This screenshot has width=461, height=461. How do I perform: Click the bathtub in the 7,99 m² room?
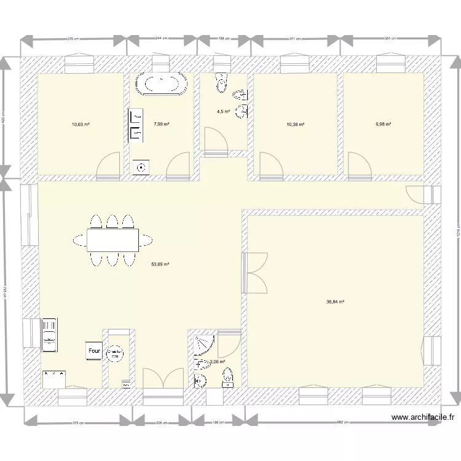[162, 84]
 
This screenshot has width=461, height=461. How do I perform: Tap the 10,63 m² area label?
[81, 124]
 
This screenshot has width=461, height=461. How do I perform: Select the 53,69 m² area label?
[160, 265]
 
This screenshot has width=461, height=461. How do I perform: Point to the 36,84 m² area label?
[335, 302]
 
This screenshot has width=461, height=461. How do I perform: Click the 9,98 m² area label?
[384, 124]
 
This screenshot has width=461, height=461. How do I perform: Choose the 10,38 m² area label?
[296, 124]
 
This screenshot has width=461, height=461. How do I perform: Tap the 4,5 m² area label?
[223, 112]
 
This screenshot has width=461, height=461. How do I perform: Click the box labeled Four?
[94, 351]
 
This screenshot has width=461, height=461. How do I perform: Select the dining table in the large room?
[112, 240]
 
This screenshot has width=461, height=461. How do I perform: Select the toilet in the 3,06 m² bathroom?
[227, 376]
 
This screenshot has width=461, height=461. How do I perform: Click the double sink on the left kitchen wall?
[49, 336]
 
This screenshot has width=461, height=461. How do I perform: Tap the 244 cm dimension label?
[162, 39]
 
